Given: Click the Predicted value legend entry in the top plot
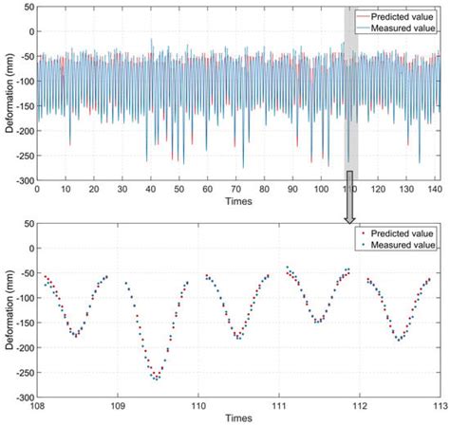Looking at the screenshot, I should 399,16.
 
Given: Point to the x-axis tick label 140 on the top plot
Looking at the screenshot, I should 433,189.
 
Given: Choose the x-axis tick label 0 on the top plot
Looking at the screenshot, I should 38,189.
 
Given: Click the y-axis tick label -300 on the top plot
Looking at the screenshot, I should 21,179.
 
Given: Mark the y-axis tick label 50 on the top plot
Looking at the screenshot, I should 26,7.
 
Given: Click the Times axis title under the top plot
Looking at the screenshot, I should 238,201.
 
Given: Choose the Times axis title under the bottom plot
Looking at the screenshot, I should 238,417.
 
